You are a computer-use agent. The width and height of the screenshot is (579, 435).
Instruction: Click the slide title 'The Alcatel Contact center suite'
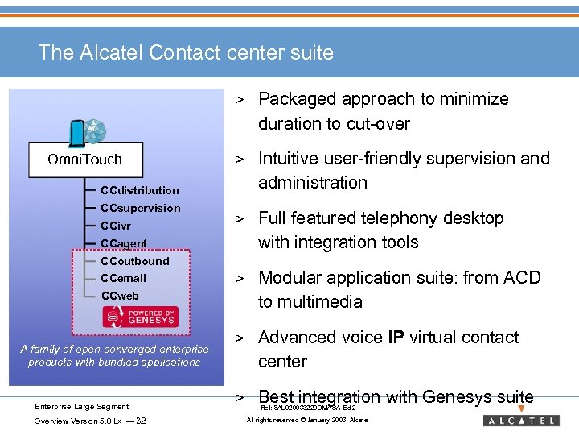[x=186, y=53]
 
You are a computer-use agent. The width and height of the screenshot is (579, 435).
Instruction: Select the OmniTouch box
[x=84, y=159]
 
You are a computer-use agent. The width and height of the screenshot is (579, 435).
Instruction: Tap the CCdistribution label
[x=140, y=190]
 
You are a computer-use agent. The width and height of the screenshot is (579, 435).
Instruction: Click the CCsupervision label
[x=141, y=208]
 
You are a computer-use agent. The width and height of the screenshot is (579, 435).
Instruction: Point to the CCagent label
[x=124, y=243]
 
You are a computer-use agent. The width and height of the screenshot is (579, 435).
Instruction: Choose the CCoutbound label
[x=135, y=261]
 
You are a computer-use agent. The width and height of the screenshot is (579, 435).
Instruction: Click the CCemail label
[x=124, y=278]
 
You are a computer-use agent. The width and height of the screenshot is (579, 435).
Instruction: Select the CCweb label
[x=120, y=296]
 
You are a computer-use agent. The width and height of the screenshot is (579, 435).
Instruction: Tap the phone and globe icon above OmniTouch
[x=88, y=131]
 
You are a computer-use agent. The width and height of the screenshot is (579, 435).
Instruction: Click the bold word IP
[x=396, y=337]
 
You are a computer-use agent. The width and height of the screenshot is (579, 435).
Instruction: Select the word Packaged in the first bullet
[x=297, y=99]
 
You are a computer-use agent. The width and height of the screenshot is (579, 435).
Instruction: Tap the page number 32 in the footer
[x=142, y=420]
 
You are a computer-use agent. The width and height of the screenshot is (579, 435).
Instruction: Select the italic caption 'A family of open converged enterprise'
[x=114, y=349]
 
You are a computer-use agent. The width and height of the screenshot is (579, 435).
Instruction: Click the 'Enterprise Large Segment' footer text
[x=81, y=407]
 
